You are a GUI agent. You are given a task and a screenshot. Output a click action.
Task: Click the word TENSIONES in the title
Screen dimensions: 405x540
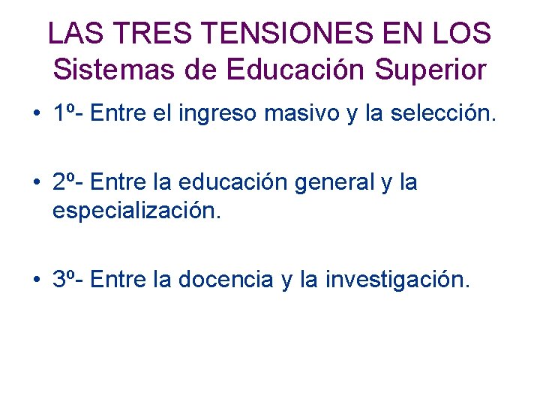coord(285,33)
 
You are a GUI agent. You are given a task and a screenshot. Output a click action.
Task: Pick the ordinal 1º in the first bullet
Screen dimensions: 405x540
coord(65,115)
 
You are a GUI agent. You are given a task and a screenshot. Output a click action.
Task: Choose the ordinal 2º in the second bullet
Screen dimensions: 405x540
coord(65,182)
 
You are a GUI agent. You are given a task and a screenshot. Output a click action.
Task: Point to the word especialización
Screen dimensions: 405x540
coord(137,211)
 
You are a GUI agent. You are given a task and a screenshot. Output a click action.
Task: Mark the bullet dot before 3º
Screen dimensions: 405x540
coord(36,280)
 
